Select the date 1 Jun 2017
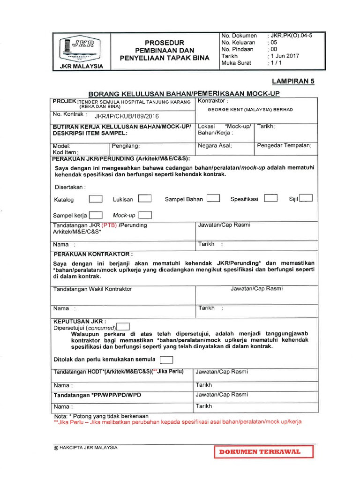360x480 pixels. click(x=284, y=56)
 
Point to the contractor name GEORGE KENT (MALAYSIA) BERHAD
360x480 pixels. click(x=250, y=109)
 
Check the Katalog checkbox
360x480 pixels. click(x=96, y=199)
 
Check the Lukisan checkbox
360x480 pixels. click(x=144, y=199)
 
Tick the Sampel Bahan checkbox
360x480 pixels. click(x=213, y=198)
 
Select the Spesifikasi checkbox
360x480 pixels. click(x=271, y=198)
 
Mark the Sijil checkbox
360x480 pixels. click(x=306, y=198)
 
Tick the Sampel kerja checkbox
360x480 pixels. click(x=96, y=215)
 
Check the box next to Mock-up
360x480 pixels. click(x=145, y=215)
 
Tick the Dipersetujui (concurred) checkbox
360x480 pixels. click(x=123, y=327)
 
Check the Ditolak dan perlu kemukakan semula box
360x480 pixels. click(x=166, y=360)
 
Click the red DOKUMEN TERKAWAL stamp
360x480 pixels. click(x=264, y=452)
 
